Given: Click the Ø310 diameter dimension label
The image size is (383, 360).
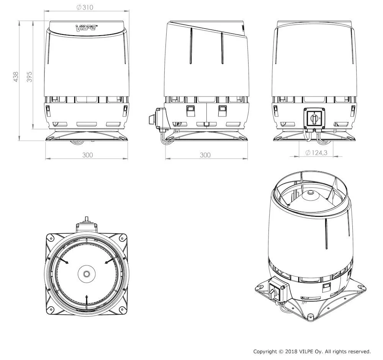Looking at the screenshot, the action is [x=85, y=7].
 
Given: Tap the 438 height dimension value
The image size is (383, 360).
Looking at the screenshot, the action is [x=16, y=77].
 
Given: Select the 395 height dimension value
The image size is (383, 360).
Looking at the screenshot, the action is [x=29, y=77].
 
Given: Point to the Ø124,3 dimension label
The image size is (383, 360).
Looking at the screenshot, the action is [x=316, y=153].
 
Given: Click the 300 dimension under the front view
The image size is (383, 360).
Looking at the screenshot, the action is [x=87, y=155].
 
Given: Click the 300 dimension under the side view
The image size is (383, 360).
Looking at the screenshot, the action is [x=205, y=155].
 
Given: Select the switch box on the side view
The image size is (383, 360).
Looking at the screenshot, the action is [x=160, y=119].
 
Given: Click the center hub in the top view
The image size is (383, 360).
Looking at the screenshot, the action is [x=87, y=274].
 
